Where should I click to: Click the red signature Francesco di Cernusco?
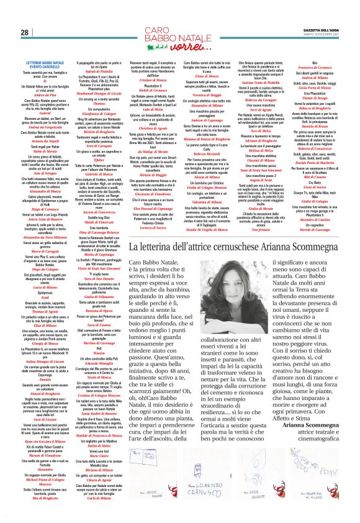(x=315, y=68)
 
